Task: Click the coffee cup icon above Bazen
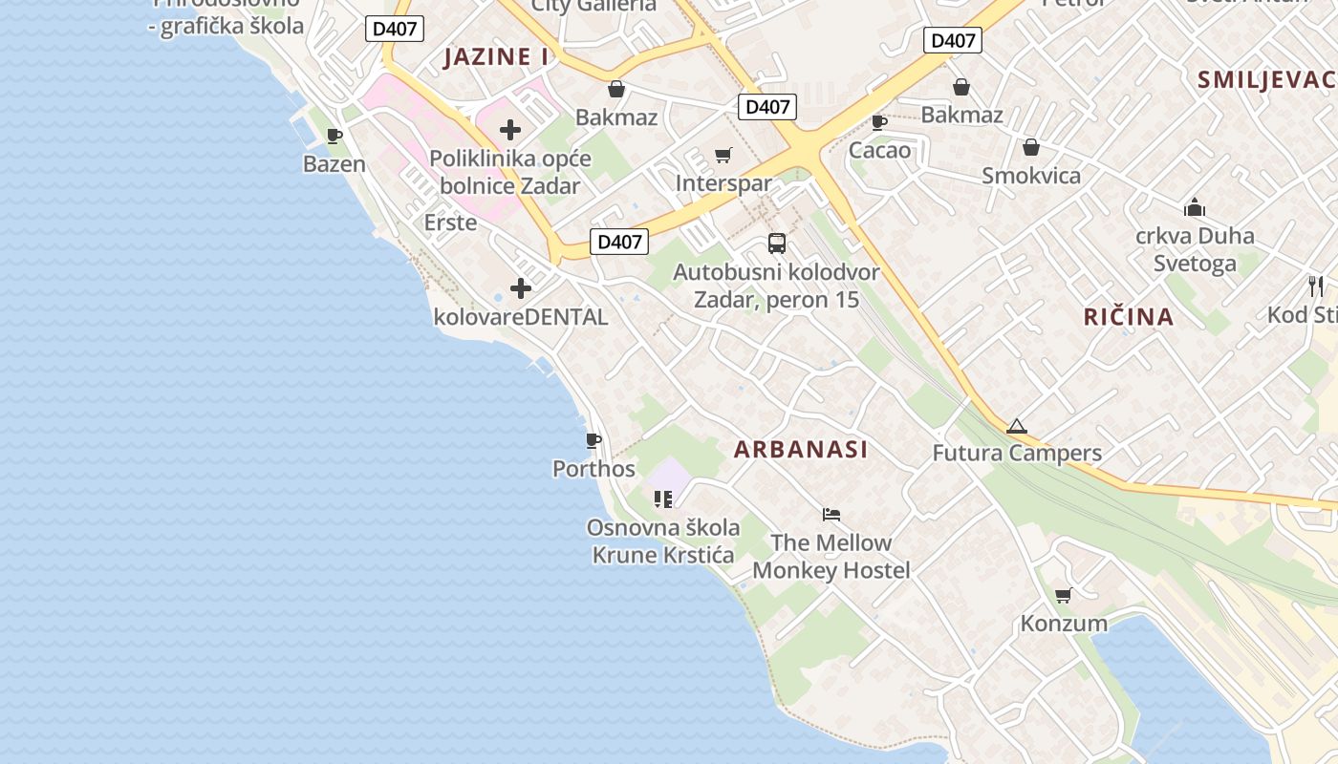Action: (x=334, y=136)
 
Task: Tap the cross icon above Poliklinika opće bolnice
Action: (x=510, y=130)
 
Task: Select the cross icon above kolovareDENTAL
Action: (x=521, y=287)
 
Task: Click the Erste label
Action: (x=450, y=223)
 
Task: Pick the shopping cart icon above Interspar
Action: (x=723, y=155)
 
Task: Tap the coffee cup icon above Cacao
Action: (x=879, y=122)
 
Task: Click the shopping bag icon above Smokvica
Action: (x=1031, y=147)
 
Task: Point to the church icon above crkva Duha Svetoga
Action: (x=1194, y=207)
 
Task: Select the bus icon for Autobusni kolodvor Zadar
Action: (x=776, y=244)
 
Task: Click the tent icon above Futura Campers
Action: (x=1016, y=426)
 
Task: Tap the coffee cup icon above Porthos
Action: (x=593, y=440)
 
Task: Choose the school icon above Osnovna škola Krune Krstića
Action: (x=663, y=499)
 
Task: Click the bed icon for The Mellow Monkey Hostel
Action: (x=831, y=515)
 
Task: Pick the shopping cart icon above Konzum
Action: (x=1063, y=595)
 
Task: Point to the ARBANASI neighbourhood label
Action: (x=801, y=450)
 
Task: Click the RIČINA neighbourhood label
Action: (x=1128, y=317)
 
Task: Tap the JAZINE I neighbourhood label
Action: (x=496, y=57)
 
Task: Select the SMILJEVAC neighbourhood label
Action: (x=1267, y=80)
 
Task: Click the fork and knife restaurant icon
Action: (x=1316, y=286)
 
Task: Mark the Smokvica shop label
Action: (x=1031, y=176)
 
